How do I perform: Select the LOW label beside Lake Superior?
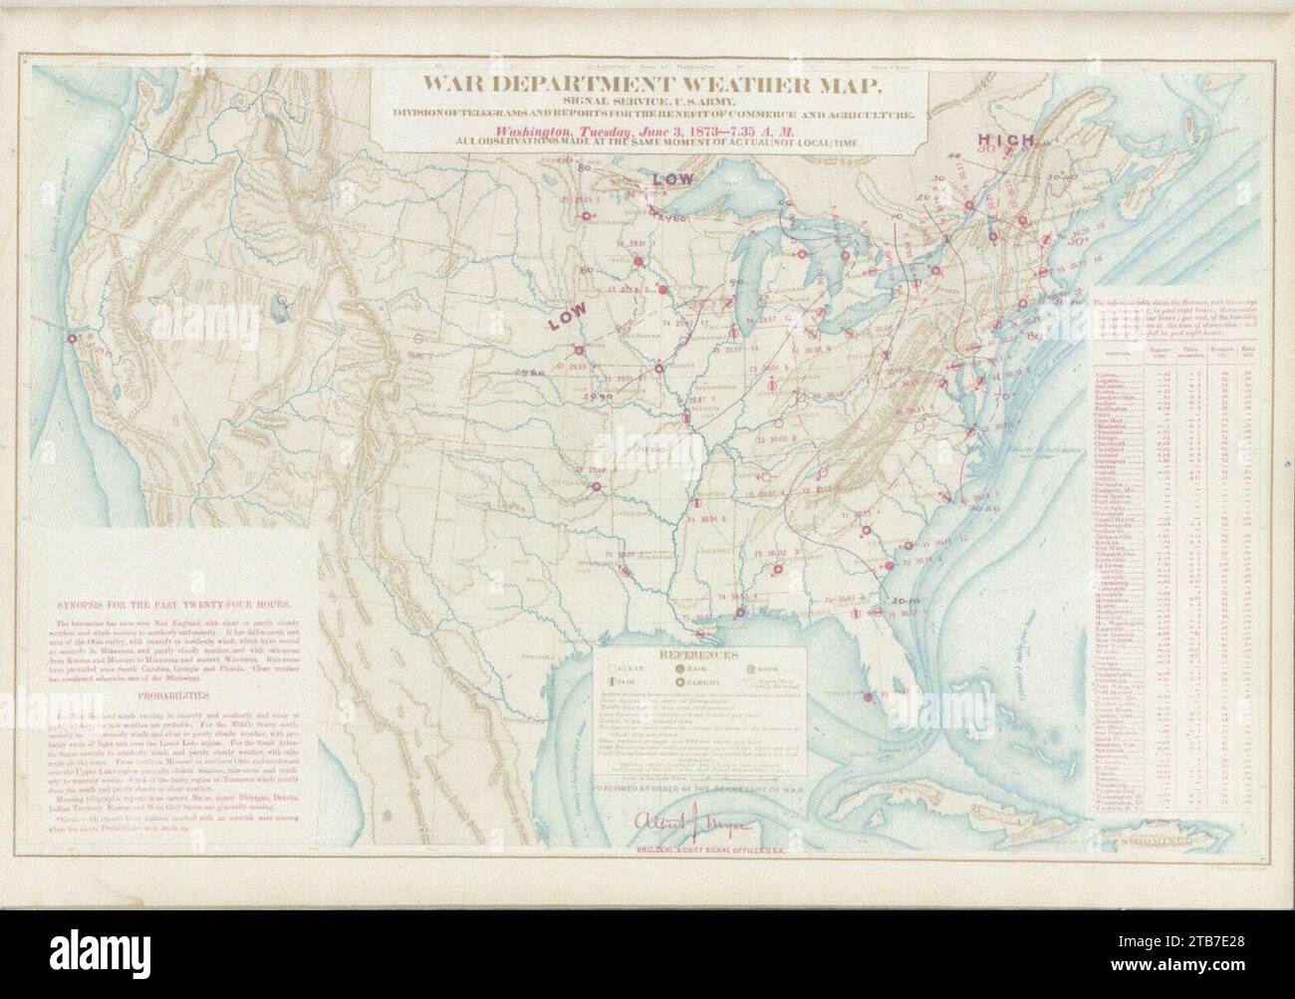(672, 177)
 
